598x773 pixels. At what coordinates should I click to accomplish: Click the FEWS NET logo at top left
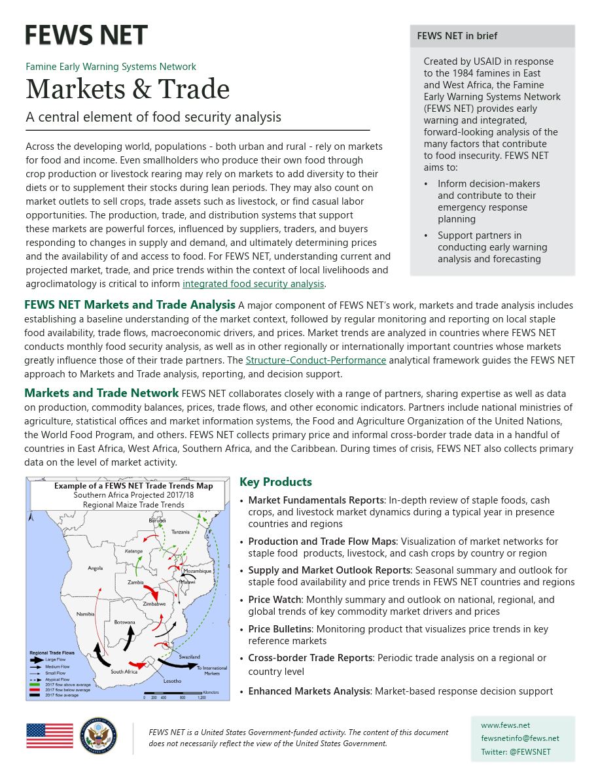pos(86,35)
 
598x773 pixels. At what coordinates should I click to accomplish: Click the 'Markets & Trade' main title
pos(128,89)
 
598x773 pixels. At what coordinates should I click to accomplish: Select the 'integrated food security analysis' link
pos(253,284)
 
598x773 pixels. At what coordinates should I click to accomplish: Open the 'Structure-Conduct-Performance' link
pos(315,360)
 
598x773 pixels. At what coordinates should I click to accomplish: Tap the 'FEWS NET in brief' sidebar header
pos(457,36)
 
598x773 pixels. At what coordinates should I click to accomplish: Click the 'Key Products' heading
pos(275,482)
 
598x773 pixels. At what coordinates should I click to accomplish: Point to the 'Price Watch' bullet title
pos(275,600)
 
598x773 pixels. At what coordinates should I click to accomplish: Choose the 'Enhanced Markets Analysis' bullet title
pos(309,691)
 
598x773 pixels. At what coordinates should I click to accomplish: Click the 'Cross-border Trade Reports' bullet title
pos(308,658)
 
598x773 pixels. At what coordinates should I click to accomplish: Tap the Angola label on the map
pos(96,568)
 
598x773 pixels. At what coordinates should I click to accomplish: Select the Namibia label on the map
pos(86,613)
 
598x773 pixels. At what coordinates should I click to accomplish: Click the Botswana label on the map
pos(124,622)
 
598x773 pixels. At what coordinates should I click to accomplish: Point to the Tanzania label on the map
pos(180,532)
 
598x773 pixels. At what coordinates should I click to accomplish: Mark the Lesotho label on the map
pos(172,681)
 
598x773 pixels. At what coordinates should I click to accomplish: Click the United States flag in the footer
pos(50,736)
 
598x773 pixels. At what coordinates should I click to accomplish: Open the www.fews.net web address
pos(505,725)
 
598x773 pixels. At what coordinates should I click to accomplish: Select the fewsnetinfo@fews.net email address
pos(519,738)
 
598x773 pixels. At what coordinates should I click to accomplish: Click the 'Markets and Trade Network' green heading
pos(101,393)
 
